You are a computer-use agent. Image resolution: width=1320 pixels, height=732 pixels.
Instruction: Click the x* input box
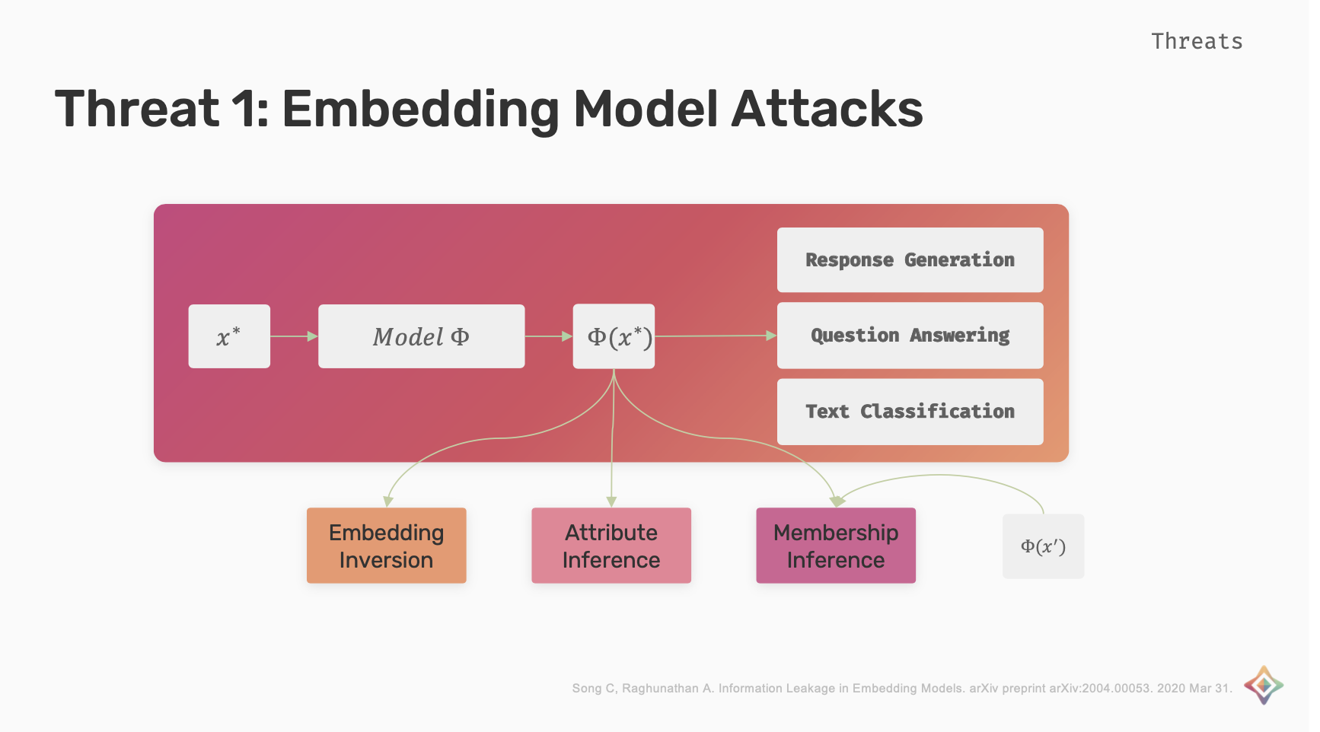[x=229, y=336]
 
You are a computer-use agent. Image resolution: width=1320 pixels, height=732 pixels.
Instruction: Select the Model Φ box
[x=421, y=336]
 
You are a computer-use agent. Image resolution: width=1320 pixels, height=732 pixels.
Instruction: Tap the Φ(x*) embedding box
[x=614, y=336]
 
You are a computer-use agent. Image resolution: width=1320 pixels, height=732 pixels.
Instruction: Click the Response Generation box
[x=910, y=259]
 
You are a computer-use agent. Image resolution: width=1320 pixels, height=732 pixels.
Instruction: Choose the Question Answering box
[x=910, y=336]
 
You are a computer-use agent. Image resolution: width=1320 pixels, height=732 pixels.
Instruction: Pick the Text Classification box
[x=910, y=412]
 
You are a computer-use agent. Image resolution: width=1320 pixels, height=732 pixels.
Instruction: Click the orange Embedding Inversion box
[x=386, y=546]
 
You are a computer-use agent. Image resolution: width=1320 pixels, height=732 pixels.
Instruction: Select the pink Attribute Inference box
[x=611, y=546]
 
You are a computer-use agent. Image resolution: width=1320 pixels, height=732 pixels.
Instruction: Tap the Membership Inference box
[x=836, y=546]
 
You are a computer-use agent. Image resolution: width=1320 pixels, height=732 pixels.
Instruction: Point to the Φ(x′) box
[x=1043, y=546]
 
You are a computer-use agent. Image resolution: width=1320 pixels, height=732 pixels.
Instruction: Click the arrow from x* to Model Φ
[x=294, y=336]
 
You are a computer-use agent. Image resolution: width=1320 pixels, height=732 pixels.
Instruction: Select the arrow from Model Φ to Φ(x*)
[x=549, y=336]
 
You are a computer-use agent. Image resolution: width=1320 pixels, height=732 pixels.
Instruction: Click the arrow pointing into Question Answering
[x=716, y=336]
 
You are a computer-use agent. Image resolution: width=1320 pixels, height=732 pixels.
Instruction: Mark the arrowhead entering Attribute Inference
[x=611, y=501]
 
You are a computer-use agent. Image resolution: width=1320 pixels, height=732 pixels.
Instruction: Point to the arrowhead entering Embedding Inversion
[x=388, y=501]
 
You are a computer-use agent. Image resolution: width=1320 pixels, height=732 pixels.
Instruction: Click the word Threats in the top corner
[x=1197, y=41]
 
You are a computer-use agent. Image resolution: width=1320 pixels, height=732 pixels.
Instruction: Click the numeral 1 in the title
[x=244, y=109]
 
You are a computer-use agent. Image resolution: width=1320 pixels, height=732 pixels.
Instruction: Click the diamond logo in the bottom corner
[x=1264, y=685]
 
